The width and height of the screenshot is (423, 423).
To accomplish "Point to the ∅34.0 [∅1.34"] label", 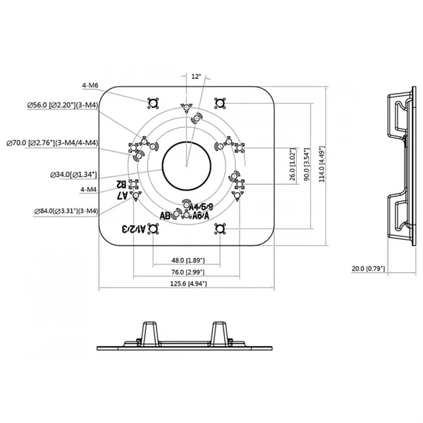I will [74, 173].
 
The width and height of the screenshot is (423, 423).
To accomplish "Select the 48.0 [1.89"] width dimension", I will [186, 259].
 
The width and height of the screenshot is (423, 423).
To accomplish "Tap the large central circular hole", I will [186, 166].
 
